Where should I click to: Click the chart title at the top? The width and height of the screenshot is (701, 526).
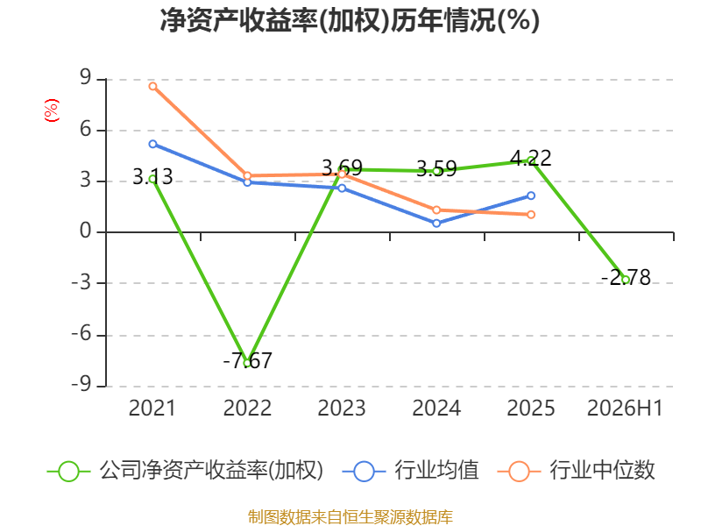[350, 20]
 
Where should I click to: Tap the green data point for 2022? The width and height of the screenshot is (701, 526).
[247, 363]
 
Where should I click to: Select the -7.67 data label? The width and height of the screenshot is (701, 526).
[247, 360]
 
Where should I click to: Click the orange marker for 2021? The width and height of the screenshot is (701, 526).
[152, 86]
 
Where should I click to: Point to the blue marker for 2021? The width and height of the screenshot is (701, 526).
[152, 144]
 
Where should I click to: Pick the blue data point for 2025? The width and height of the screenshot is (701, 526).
[531, 195]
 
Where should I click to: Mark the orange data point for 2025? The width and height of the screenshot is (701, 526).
[531, 215]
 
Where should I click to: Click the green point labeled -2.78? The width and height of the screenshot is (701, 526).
[626, 280]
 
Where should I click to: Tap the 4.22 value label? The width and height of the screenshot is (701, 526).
[531, 158]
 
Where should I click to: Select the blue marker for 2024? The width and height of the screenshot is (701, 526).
[436, 224]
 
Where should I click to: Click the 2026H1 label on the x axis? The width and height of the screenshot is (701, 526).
[625, 408]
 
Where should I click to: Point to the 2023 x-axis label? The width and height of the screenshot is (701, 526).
[342, 408]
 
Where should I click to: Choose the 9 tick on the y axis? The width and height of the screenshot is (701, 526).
[85, 78]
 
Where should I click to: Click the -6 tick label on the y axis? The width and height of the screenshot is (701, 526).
[81, 334]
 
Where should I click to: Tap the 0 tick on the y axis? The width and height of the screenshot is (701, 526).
[85, 231]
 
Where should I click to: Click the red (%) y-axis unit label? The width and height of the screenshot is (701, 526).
[52, 110]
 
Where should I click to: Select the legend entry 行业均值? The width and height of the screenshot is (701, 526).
[411, 471]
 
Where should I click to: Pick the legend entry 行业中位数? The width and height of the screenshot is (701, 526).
[577, 471]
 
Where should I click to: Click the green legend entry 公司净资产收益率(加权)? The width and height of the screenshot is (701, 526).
[185, 471]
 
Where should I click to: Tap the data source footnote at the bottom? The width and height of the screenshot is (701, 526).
[350, 517]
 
